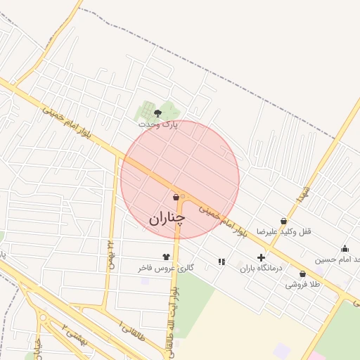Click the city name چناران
tap(167, 218)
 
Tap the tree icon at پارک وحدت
tap(157, 112)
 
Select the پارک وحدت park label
tap(158, 124)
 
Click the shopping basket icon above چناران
tap(175, 198)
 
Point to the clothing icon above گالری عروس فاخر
tap(166, 257)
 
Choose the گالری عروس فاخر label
tap(166, 269)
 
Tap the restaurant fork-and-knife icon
tap(221, 262)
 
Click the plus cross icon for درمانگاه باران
tap(261, 258)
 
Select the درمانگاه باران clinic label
tap(261, 269)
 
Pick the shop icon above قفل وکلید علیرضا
tap(283, 221)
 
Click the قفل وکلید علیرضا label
tap(283, 231)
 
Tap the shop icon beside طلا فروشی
tap(302, 274)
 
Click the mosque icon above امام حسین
tap(345, 248)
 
